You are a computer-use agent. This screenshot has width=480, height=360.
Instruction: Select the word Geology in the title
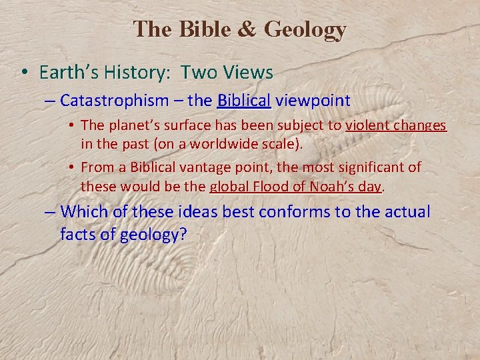click(x=305, y=30)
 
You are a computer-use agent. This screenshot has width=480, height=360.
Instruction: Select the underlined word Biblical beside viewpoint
click(x=243, y=101)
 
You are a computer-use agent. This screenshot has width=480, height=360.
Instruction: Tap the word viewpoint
click(x=313, y=101)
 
